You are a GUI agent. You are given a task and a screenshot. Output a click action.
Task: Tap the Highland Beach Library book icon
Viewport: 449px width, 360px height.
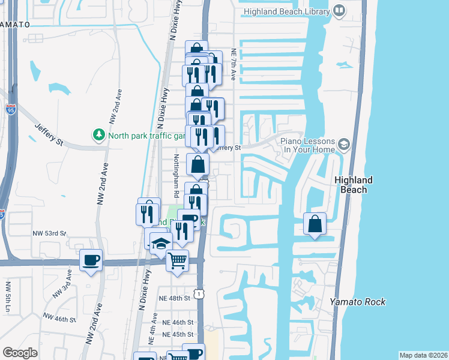pyautogui.click(x=339, y=11)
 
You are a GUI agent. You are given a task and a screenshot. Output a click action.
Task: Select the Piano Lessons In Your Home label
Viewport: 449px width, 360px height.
pyautogui.click(x=308, y=144)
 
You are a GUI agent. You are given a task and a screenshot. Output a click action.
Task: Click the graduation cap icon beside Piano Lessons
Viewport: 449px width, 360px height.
pyautogui.click(x=344, y=144)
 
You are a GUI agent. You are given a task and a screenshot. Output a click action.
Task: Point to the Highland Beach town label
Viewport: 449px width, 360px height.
pyautogui.click(x=354, y=185)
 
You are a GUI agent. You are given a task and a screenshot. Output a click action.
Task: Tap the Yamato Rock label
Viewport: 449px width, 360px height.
pyautogui.click(x=358, y=302)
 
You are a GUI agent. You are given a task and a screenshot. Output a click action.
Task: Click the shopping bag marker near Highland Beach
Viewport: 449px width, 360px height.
pyautogui.click(x=315, y=224)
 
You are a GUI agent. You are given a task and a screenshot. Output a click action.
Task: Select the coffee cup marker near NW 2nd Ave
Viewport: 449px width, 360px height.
pyautogui.click(x=91, y=260)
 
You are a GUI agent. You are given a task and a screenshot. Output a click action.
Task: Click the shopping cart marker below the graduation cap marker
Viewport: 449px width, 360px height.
pyautogui.click(x=177, y=261)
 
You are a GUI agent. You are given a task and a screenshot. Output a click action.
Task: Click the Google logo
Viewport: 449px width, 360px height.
pyautogui.click(x=20, y=353)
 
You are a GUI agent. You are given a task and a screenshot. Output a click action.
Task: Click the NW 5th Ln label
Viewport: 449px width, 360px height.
pyautogui.click(x=7, y=297)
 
